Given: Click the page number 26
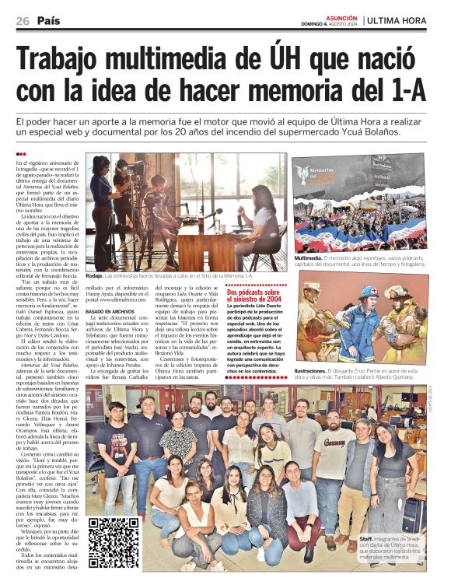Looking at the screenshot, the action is click(22, 20).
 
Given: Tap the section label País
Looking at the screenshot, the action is click(48, 20).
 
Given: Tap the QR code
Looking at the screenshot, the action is click(114, 541).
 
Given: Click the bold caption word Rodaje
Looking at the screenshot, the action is click(95, 276).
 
